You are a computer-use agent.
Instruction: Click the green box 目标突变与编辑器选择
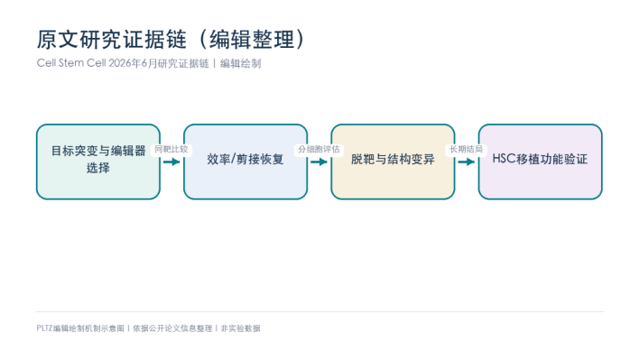coord(98,162)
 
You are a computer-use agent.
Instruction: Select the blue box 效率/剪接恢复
coord(245,162)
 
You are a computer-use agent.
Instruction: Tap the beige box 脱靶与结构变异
coord(393,162)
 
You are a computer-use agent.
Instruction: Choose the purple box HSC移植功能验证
coord(540,162)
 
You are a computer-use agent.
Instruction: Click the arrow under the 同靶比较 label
coord(171,162)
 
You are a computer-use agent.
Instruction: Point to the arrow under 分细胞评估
coord(319,162)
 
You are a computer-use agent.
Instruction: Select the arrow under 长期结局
coord(467,162)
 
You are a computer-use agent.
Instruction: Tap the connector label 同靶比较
coord(171,150)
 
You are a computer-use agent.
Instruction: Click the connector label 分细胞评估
coord(319,150)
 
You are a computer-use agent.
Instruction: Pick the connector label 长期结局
coord(466,150)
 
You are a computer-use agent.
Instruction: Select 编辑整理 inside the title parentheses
coord(252,40)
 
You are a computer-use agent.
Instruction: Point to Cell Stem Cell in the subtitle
coord(71,63)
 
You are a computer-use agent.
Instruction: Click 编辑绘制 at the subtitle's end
coord(240,63)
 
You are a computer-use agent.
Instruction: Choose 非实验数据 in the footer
coord(240,328)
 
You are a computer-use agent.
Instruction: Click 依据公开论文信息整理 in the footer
coord(172,328)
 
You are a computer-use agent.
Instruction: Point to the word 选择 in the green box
coord(98,168)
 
